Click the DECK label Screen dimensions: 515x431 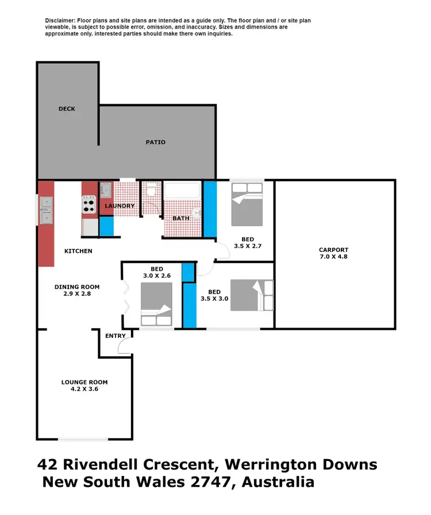pyautogui.click(x=67, y=109)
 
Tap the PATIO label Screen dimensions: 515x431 pyautogui.click(x=155, y=142)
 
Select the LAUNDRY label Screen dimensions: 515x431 pyautogui.click(x=120, y=206)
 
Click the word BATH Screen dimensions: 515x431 pyautogui.click(x=182, y=218)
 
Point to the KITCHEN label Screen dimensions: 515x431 pyautogui.click(x=78, y=251)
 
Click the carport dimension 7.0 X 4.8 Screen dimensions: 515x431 pyautogui.click(x=334, y=257)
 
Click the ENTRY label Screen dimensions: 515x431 pyautogui.click(x=115, y=336)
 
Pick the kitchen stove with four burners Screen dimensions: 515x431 pyautogui.click(x=89, y=205)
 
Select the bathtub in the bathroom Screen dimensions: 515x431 pyautogui.click(x=182, y=190)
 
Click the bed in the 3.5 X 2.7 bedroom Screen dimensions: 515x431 pyautogui.click(x=247, y=204)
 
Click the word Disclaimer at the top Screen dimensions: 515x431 pyautogui.click(x=61, y=21)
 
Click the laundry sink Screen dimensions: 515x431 pyautogui.click(x=106, y=190)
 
